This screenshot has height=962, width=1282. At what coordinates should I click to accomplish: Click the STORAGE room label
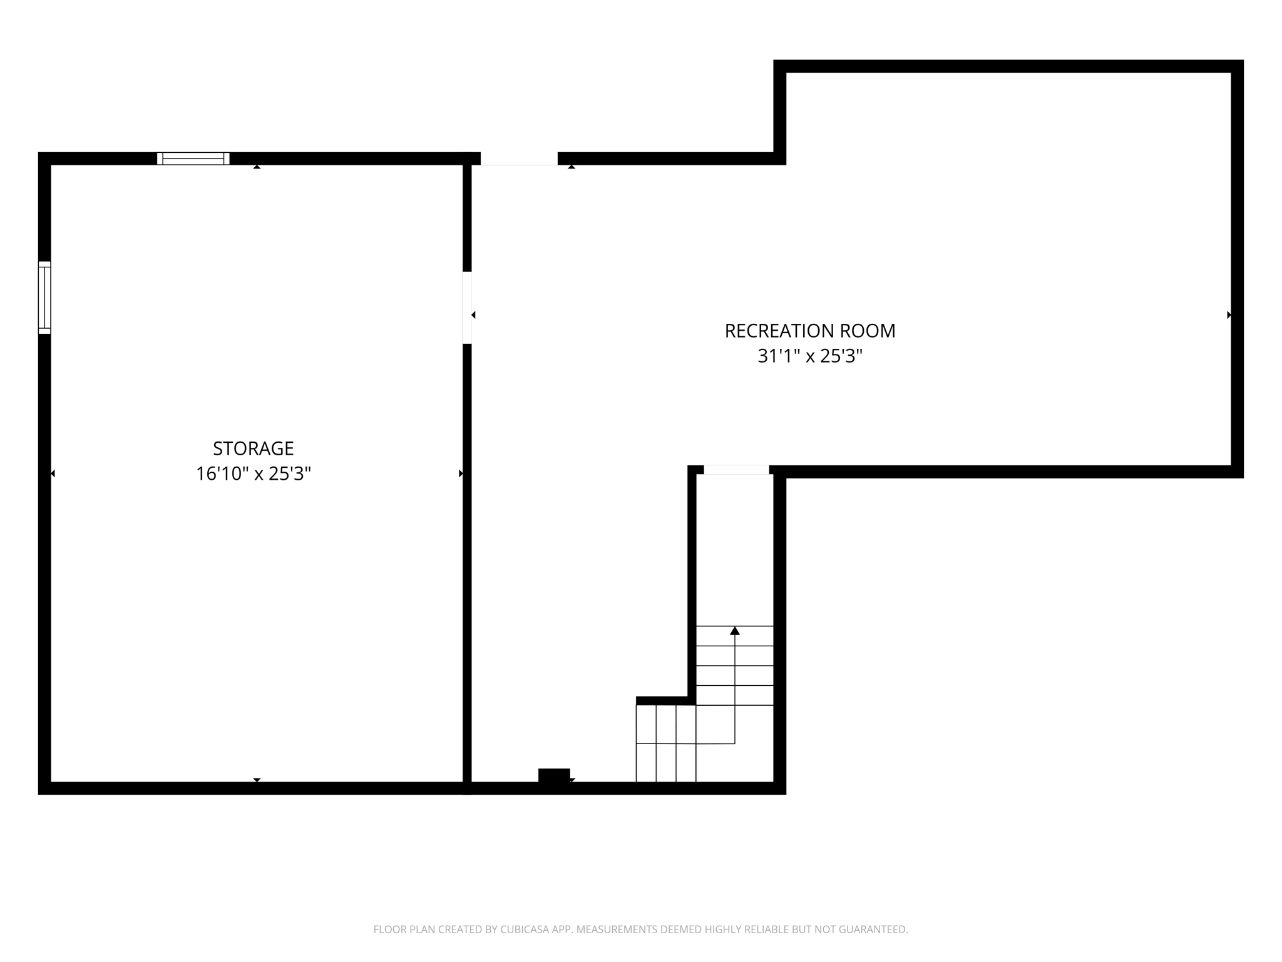(254, 448)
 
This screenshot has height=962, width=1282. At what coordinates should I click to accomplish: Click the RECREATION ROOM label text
(810, 331)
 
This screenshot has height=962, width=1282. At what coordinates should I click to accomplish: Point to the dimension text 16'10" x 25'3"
(254, 473)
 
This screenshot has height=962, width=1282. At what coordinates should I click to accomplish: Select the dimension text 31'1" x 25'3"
(810, 356)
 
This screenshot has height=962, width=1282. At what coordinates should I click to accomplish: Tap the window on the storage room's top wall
(193, 158)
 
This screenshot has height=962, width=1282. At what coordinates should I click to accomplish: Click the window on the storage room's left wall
(44, 297)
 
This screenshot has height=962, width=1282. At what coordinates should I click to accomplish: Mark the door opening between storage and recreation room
(467, 308)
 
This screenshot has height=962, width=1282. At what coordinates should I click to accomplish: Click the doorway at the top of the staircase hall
(736, 470)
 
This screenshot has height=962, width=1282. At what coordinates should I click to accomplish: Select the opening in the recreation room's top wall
(519, 159)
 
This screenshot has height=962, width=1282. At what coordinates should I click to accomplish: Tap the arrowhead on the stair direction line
(735, 631)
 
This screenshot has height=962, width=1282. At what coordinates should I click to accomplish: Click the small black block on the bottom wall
(554, 775)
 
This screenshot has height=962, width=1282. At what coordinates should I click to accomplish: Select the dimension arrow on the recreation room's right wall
(1229, 315)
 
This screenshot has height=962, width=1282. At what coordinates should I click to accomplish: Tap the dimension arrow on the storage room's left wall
(53, 473)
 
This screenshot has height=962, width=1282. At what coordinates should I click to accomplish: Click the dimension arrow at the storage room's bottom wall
(257, 780)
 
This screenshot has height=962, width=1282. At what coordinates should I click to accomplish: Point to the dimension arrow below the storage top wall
(257, 167)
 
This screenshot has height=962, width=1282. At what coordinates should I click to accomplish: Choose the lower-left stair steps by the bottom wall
(666, 743)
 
